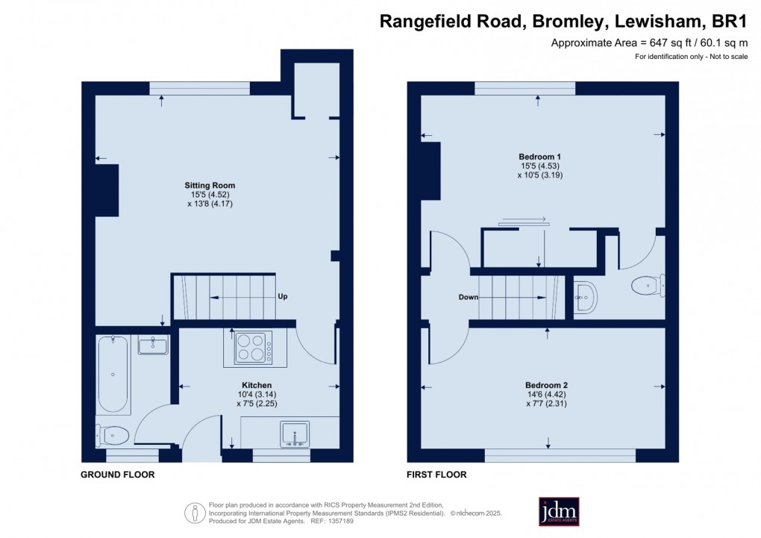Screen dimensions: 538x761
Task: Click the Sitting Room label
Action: click(210, 185)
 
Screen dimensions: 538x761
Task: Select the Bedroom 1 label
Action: click(539, 155)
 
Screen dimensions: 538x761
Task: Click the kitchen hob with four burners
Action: click(254, 347)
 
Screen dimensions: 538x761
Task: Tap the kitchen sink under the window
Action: click(295, 434)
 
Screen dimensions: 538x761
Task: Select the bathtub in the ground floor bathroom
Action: click(113, 375)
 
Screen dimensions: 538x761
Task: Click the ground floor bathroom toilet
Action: click(113, 434)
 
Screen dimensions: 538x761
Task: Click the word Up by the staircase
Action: click(283, 296)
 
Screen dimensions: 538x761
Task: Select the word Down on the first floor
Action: click(469, 297)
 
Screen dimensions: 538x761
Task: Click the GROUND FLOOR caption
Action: click(118, 475)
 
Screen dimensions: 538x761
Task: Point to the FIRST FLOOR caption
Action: click(436, 475)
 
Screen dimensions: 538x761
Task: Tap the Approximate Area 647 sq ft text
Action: click(649, 43)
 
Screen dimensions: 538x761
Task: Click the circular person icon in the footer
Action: click(195, 513)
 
